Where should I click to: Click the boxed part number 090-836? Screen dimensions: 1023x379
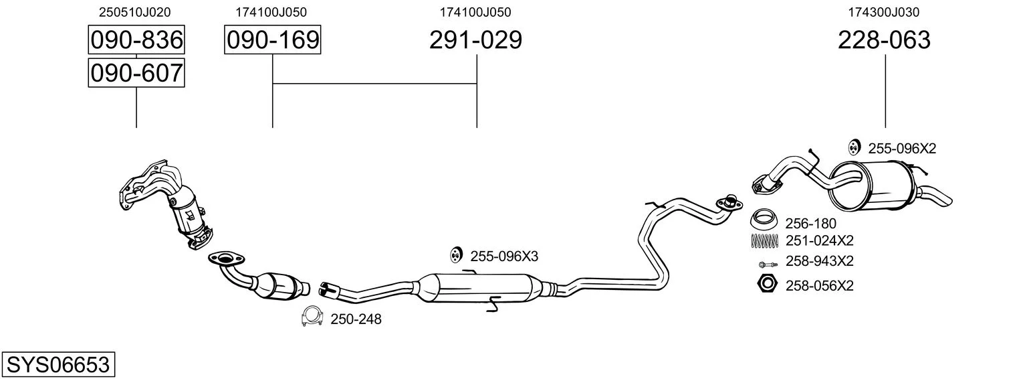(136, 40)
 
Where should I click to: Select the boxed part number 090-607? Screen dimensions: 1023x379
(136, 73)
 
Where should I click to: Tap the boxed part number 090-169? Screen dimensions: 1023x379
(273, 40)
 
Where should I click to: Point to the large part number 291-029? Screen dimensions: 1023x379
(475, 40)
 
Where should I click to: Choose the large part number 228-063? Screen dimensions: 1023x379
(884, 40)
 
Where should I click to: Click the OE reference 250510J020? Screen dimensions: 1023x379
(134, 12)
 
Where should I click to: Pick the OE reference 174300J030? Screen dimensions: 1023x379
(884, 12)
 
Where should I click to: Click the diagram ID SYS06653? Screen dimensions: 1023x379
(58, 365)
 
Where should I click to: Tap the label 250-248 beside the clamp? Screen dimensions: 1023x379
(356, 319)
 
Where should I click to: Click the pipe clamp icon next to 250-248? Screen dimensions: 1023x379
(312, 315)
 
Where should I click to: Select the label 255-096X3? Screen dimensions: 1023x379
(504, 256)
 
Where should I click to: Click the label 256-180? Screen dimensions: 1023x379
(810, 224)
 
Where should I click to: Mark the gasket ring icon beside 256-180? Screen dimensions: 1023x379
(764, 219)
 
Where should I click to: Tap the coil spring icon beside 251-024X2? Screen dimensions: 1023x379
(764, 241)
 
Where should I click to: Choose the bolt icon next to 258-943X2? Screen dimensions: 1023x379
(768, 264)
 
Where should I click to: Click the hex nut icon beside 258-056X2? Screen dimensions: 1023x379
(767, 284)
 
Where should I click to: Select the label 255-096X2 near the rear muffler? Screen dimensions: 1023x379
(902, 149)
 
